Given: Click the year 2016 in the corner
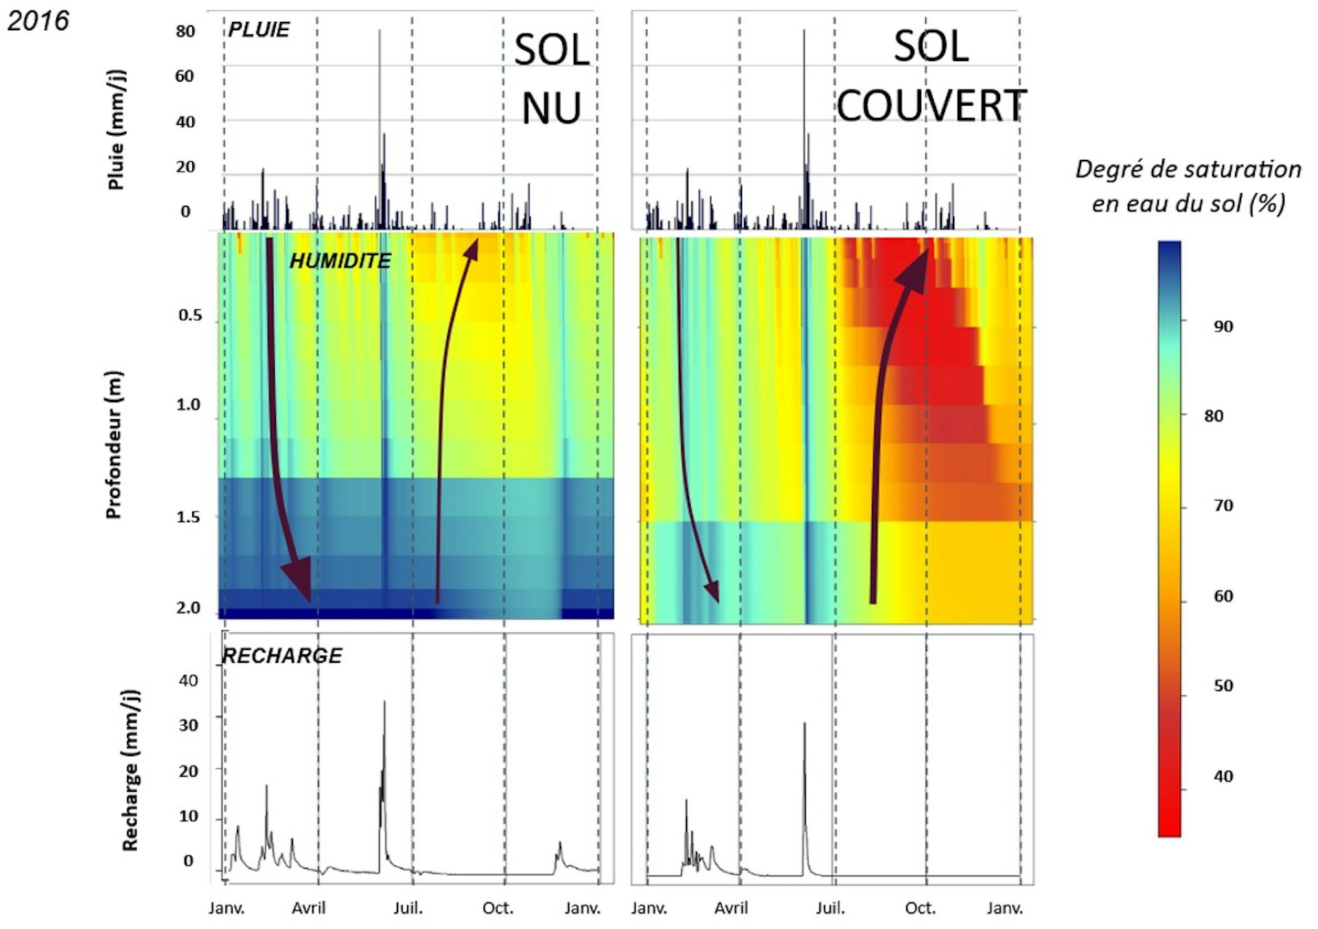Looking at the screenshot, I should [38, 21].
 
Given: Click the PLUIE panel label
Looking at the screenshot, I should [259, 30].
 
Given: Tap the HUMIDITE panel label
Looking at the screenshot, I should [340, 261].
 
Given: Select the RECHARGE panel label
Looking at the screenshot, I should [282, 655].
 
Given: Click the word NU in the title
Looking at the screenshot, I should [551, 108].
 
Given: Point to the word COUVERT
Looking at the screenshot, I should [931, 106].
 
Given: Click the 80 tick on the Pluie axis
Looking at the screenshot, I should [185, 32].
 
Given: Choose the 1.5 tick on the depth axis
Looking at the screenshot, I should [188, 517].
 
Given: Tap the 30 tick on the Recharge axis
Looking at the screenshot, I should [188, 725].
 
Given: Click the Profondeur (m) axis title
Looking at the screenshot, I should [113, 445].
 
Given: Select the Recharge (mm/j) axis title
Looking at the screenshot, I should [130, 771].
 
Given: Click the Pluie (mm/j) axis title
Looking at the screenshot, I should [116, 129].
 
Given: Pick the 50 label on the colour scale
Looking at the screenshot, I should [1223, 685].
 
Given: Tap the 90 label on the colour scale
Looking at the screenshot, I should [1223, 327].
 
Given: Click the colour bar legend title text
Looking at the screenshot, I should [1188, 186].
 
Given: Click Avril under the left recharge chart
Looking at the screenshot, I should [309, 908].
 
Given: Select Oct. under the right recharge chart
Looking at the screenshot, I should [920, 908].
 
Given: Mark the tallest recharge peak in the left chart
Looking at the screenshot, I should [384, 702].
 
